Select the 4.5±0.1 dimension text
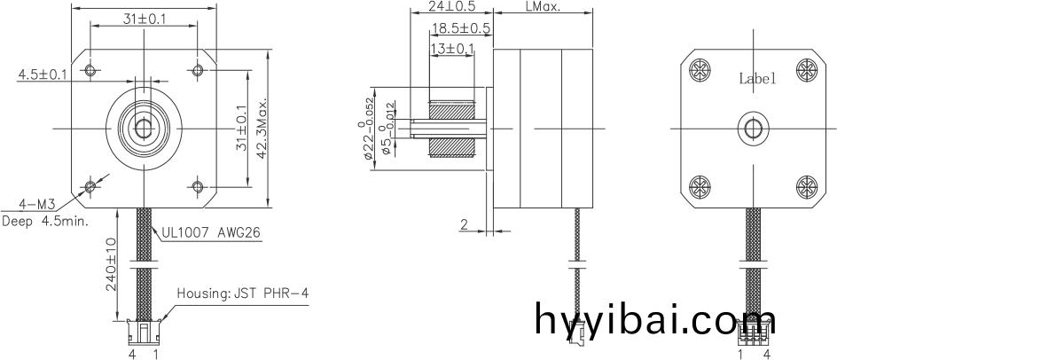(43, 74)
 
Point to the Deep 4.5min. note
(45, 221)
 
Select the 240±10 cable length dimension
(112, 267)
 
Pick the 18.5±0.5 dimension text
(460, 28)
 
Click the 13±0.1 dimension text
(452, 48)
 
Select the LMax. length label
(544, 5)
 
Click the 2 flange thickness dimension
(464, 225)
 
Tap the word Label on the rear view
(757, 79)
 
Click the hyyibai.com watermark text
(655, 319)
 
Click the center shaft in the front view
(143, 129)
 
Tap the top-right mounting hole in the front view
(196, 70)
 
